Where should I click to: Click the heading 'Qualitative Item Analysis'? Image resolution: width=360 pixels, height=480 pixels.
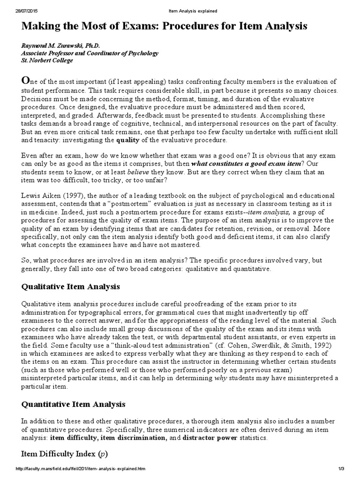pyautogui.click(x=71, y=286)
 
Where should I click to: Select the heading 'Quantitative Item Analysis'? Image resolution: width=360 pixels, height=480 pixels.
pyautogui.click(x=73, y=404)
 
